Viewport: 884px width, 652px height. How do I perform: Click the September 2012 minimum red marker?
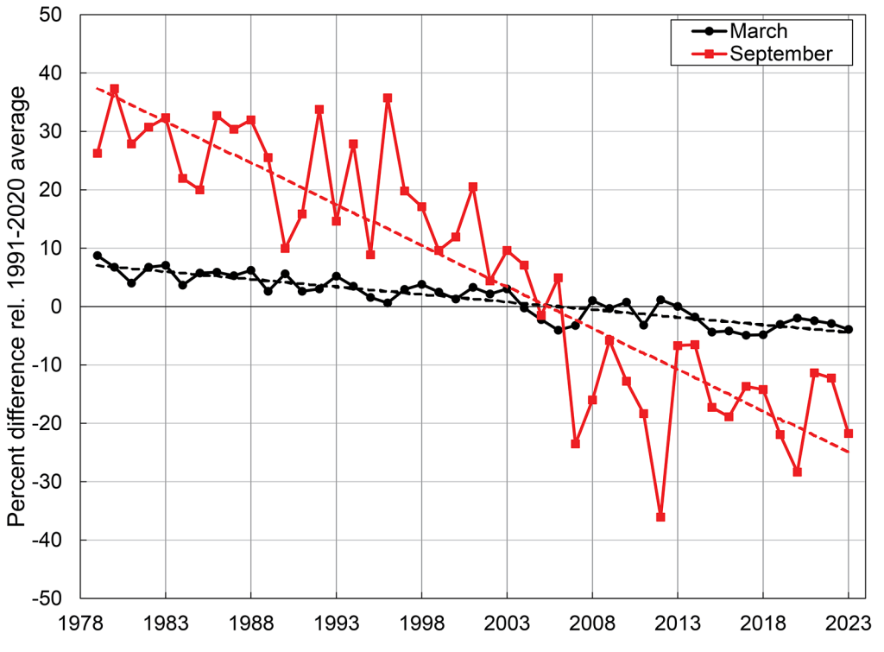click(x=660, y=516)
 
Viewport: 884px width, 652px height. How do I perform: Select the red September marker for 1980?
click(x=114, y=89)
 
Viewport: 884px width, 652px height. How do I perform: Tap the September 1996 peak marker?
click(x=388, y=98)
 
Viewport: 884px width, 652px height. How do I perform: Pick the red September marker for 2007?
click(x=576, y=443)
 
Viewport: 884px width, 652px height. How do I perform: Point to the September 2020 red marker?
click(x=797, y=472)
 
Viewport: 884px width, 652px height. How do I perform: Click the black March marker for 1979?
click(x=98, y=256)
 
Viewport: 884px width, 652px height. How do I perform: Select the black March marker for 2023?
click(x=849, y=329)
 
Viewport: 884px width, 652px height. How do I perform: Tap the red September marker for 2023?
click(x=849, y=433)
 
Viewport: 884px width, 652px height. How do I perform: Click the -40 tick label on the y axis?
click(x=54, y=540)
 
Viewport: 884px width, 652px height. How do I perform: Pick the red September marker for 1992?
click(x=319, y=109)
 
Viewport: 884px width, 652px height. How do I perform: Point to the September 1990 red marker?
click(x=285, y=248)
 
